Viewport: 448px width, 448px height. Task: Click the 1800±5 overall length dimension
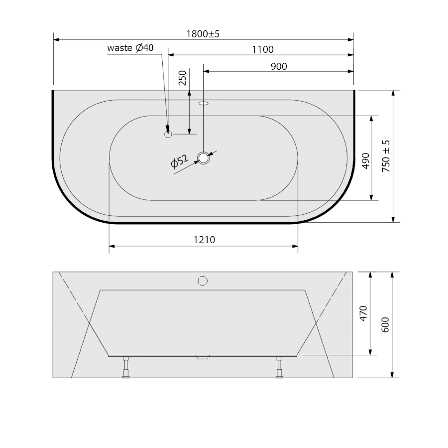203,34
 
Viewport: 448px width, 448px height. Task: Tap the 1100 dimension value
262,49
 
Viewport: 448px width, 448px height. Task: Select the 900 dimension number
279,66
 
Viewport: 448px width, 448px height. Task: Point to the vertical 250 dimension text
182,78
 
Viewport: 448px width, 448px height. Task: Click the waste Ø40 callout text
130,48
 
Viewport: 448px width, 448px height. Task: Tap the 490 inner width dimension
366,161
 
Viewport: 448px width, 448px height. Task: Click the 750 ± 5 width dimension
386,156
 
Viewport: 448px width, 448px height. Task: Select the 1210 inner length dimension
204,239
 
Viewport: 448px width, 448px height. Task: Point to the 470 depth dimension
363,313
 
